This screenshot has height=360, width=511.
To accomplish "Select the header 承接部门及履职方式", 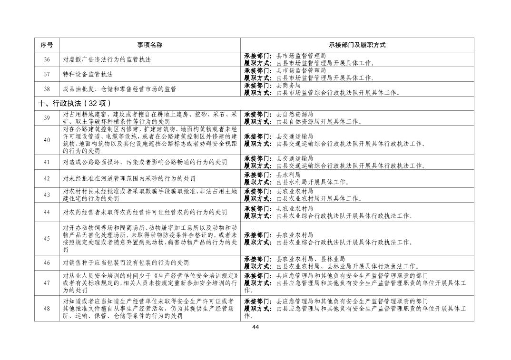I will pyautogui.click(x=357, y=45).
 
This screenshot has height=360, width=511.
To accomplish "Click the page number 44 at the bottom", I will pyautogui.click(x=255, y=327).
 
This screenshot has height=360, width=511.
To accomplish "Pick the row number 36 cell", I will pyautogui.click(x=47, y=59).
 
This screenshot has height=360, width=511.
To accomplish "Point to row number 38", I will pyautogui.click(x=47, y=89).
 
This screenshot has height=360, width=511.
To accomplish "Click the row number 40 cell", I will pyautogui.click(x=47, y=140).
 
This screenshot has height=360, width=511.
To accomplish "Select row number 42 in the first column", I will pyautogui.click(x=47, y=178).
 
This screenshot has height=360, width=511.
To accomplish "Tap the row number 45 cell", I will pyautogui.click(x=47, y=239).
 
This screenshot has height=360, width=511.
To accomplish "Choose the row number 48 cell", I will pyautogui.click(x=47, y=309).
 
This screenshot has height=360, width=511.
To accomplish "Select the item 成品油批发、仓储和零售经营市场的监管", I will pyautogui.click(x=120, y=89).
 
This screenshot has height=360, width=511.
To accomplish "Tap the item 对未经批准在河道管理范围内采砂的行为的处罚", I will pyautogui.click(x=129, y=179).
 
